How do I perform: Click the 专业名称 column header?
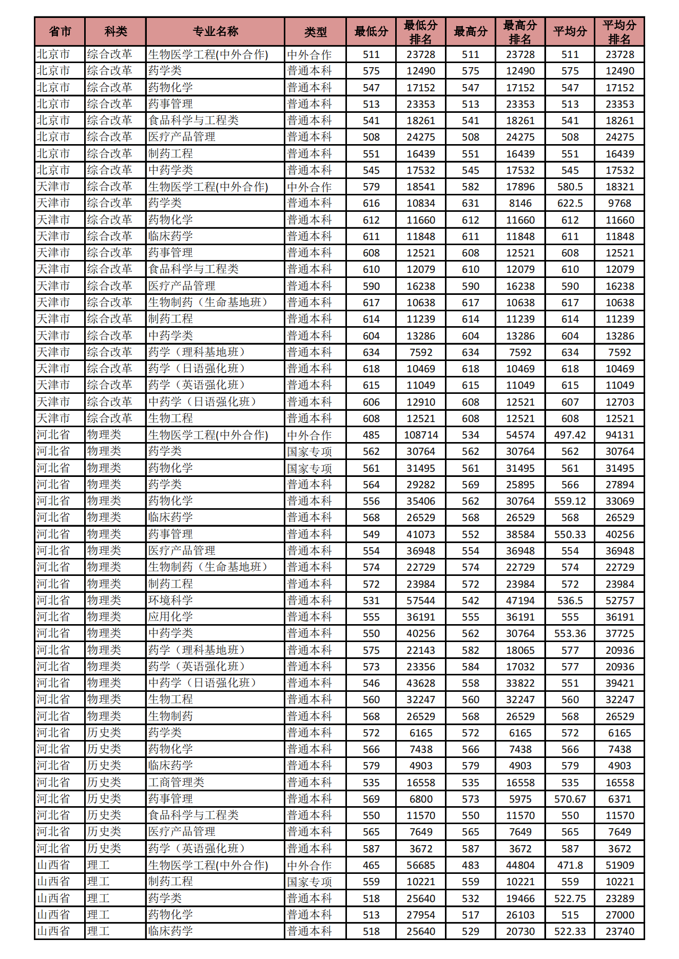click(215, 32)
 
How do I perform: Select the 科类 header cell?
click(115, 32)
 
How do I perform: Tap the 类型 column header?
click(315, 32)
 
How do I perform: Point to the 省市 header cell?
click(60, 32)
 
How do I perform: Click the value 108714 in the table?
click(421, 435)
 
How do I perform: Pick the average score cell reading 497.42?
click(570, 435)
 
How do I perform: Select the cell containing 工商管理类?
click(176, 782)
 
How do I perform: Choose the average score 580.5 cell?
click(570, 187)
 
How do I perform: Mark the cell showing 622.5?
click(570, 203)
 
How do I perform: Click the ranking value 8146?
click(520, 203)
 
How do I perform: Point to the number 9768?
click(619, 203)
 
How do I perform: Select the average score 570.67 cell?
click(570, 799)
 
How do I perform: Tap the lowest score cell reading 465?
click(371, 865)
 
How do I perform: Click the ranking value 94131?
click(619, 435)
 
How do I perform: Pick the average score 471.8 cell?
click(570, 865)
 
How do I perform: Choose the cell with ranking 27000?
click(619, 915)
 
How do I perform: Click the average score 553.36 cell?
click(570, 633)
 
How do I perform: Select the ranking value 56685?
click(421, 865)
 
